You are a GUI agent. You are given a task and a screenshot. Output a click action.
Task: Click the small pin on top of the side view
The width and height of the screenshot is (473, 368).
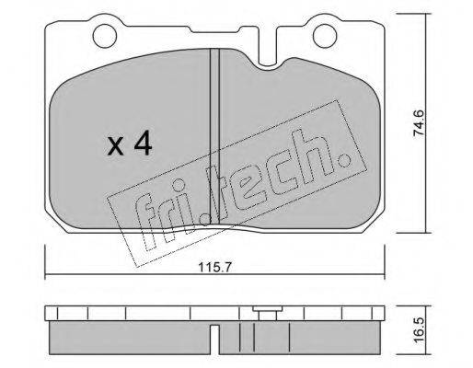[x=266, y=312]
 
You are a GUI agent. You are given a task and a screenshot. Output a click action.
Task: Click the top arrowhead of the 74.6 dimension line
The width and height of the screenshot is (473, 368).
[x=425, y=17]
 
